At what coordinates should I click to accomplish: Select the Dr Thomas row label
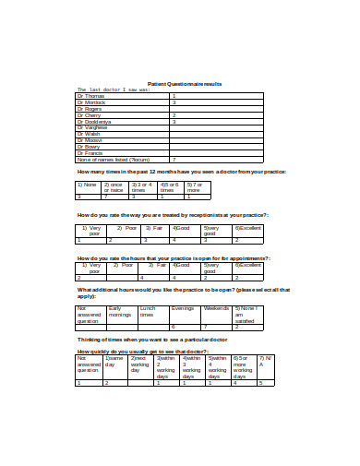(x=91, y=95)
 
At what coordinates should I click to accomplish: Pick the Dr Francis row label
(x=91, y=152)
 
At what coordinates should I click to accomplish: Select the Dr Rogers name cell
(x=91, y=108)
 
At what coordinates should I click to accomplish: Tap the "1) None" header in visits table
(x=89, y=184)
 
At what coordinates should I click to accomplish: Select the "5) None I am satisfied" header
(x=248, y=315)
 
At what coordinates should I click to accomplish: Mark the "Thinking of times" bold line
(x=163, y=341)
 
